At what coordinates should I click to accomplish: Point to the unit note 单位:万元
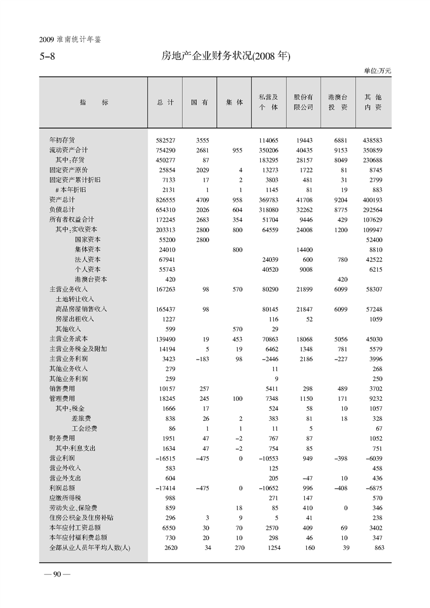(x=377, y=71)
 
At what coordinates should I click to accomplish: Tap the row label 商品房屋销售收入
(x=81, y=309)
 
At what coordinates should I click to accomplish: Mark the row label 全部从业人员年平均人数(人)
(x=90, y=548)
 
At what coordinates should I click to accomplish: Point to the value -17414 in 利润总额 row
(x=164, y=488)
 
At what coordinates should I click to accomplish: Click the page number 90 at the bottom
(x=56, y=576)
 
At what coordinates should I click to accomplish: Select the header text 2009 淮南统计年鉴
(x=71, y=39)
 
